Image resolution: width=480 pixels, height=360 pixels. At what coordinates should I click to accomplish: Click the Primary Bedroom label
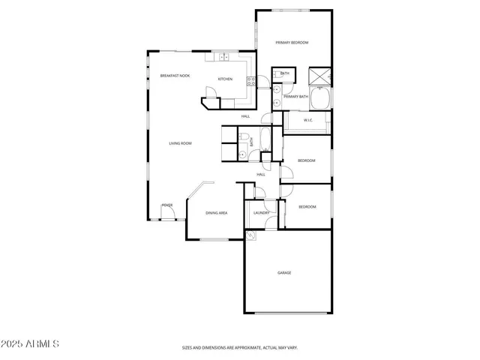click(292, 43)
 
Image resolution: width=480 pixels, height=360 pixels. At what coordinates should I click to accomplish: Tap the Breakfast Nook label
click(175, 76)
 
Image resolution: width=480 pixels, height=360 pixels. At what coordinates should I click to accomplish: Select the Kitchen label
click(225, 79)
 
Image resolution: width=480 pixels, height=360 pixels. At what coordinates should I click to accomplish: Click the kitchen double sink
click(223, 56)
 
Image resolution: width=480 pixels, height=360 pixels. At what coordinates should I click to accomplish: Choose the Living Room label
click(180, 142)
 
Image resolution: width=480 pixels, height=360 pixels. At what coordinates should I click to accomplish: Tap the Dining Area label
click(217, 213)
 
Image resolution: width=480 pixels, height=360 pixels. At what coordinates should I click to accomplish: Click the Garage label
click(284, 272)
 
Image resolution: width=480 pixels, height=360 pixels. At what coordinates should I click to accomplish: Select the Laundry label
click(260, 213)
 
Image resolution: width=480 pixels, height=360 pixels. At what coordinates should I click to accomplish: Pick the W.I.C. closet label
click(307, 120)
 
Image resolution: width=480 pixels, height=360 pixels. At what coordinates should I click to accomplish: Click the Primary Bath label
click(295, 97)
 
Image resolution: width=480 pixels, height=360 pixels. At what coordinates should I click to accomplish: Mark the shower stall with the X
click(319, 75)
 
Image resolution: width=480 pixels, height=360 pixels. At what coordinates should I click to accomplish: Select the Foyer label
click(166, 205)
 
